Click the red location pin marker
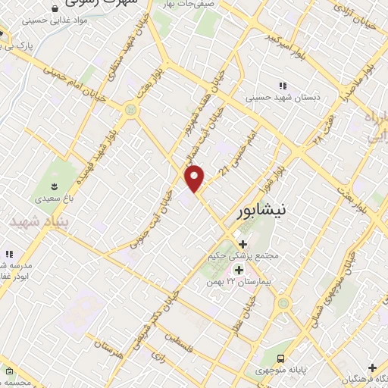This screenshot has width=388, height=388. pyautogui.click(x=196, y=178)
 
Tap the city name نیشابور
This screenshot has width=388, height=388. pyautogui.click(x=259, y=210)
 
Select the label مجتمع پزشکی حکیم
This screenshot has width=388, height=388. pyautogui.click(x=244, y=256)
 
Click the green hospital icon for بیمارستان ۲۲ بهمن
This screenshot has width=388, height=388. pyautogui.click(x=239, y=270)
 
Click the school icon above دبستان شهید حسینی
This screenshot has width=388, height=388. pyautogui.click(x=283, y=86)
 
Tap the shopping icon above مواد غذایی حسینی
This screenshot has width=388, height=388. pyautogui.click(x=55, y=9)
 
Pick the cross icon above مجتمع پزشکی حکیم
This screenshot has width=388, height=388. pyautogui.click(x=242, y=244)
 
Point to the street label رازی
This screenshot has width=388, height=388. pyautogui.click(x=158, y=354)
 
